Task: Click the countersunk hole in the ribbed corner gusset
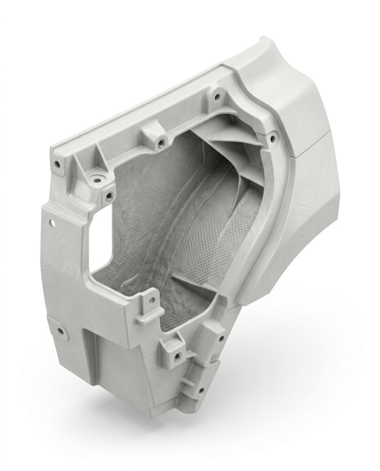pos(95,178)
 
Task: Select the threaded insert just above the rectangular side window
pos(109,197)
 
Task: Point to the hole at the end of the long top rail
pos(57,164)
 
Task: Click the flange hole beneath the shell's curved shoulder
pos(217,95)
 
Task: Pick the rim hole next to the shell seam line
pos(272,137)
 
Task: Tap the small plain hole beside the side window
pos(51,222)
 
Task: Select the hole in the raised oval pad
pos(61,332)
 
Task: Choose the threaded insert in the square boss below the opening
pos(177,355)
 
